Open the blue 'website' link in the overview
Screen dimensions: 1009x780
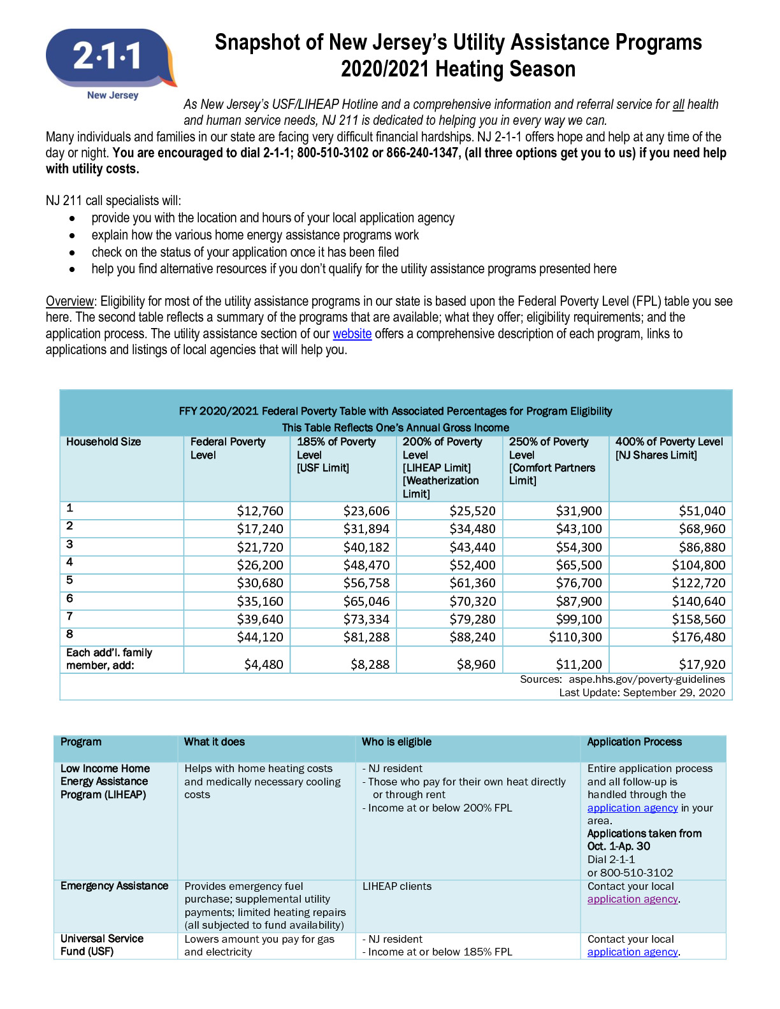(x=352, y=334)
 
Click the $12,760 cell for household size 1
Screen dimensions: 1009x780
(x=259, y=511)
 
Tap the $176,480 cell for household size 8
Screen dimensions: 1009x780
(x=698, y=637)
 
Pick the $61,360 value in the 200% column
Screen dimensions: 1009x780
(x=472, y=583)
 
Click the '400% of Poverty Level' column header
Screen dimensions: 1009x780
(x=668, y=442)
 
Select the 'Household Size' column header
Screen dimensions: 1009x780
(x=103, y=442)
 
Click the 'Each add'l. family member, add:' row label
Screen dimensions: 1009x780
(x=109, y=659)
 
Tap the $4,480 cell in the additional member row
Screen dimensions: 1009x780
(x=263, y=664)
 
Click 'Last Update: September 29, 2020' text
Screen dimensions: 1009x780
(x=642, y=692)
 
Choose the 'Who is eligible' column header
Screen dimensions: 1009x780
(x=396, y=742)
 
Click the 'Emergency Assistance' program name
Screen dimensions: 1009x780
(x=114, y=886)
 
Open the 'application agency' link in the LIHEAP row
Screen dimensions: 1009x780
(x=632, y=808)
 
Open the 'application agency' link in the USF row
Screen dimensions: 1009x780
(x=632, y=952)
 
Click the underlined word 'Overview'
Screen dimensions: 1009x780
(x=70, y=301)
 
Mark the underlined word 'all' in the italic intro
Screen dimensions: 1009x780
(x=678, y=104)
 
